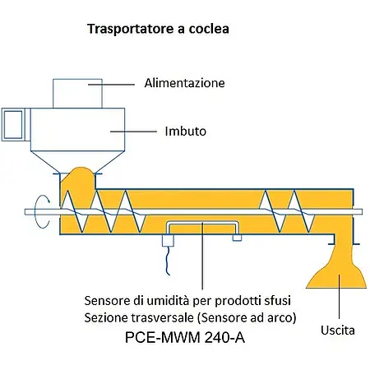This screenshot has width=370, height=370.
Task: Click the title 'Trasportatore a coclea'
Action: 158,29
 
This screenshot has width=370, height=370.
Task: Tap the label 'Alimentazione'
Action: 184,83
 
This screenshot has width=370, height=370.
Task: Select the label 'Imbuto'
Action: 185,132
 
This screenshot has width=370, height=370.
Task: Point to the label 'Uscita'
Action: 338,331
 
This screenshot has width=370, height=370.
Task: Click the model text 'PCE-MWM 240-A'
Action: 185,337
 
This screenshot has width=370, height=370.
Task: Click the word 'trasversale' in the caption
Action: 162,317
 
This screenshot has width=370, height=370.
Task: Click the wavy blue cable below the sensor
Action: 168,261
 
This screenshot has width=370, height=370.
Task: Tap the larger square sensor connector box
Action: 168,241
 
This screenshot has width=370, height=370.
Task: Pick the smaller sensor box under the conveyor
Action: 237,238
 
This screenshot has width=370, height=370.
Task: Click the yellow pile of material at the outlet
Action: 337,271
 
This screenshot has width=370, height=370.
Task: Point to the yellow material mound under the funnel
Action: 78,178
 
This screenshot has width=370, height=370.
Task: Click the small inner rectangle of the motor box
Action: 13,125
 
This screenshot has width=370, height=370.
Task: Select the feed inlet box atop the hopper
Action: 77,94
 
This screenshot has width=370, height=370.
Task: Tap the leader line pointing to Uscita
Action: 339,297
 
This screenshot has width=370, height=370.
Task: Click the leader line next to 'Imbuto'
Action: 133,132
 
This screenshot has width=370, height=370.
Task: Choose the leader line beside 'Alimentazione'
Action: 111,85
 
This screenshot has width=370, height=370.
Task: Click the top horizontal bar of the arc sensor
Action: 202,223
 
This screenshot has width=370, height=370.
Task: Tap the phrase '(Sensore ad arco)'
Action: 247,317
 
